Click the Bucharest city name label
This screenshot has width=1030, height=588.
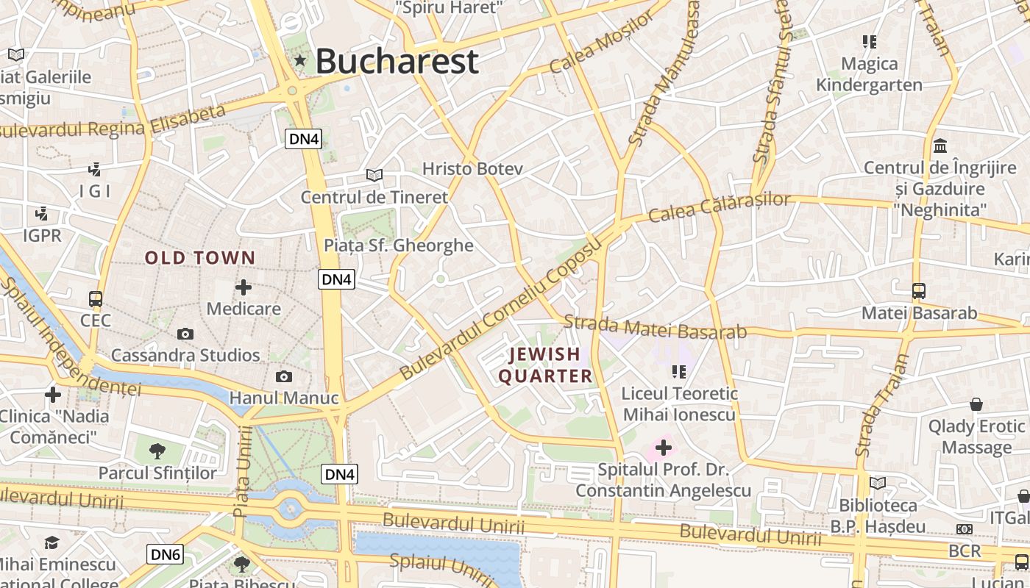click(x=397, y=61)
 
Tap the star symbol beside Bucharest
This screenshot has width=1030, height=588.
click(x=299, y=60)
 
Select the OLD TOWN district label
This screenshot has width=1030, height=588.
click(x=200, y=258)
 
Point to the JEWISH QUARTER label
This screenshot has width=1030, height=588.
click(x=546, y=365)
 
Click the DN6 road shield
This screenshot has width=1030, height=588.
click(x=165, y=554)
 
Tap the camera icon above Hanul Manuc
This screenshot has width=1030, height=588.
click(x=284, y=377)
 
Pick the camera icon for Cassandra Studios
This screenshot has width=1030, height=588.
click(x=185, y=334)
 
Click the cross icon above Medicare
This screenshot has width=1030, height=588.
click(x=244, y=287)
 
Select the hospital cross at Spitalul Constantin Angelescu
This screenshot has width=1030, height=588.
click(x=664, y=447)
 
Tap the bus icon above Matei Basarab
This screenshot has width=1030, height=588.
click(x=919, y=291)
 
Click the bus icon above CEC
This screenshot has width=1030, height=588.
click(x=96, y=299)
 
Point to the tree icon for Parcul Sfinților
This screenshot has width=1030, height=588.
click(x=157, y=451)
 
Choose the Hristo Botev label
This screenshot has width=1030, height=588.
click(x=472, y=169)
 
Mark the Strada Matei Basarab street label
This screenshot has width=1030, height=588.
click(x=656, y=327)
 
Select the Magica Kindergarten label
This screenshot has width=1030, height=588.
click(x=869, y=74)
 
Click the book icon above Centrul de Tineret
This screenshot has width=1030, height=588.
click(x=374, y=175)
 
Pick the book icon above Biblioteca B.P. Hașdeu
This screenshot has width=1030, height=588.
click(x=878, y=483)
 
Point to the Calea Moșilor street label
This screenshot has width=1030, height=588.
click(x=601, y=43)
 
